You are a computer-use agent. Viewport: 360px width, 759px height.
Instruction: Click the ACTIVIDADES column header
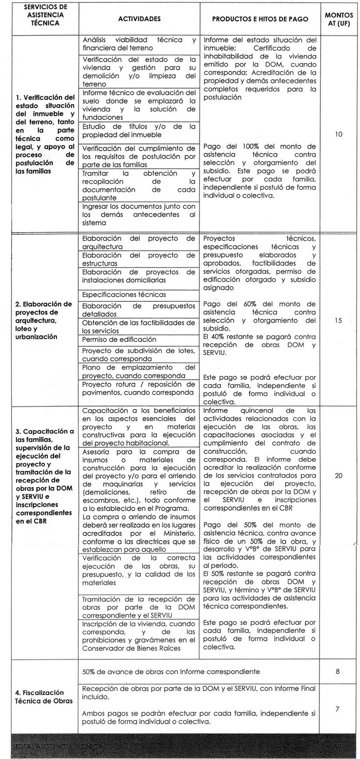coord(139,19)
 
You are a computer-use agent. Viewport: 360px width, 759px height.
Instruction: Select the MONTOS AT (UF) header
coord(338,19)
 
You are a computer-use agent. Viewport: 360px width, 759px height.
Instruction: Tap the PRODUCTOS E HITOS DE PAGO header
coord(260,19)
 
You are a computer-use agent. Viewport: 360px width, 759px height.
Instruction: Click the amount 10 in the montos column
coord(338,134)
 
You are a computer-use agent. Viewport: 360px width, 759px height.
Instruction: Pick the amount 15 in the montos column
coord(338,320)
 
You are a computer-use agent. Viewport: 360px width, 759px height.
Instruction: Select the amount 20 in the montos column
coord(338,475)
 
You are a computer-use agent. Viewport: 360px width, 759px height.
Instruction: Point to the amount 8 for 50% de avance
coord(338,672)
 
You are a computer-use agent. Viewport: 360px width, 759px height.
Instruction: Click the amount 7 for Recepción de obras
coord(338,709)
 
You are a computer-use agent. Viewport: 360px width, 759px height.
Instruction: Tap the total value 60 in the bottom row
coord(338,746)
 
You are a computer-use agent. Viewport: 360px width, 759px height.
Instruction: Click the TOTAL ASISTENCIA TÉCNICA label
coord(59,746)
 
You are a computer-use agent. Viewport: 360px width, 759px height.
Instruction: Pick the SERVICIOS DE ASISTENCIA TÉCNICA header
coord(38,19)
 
